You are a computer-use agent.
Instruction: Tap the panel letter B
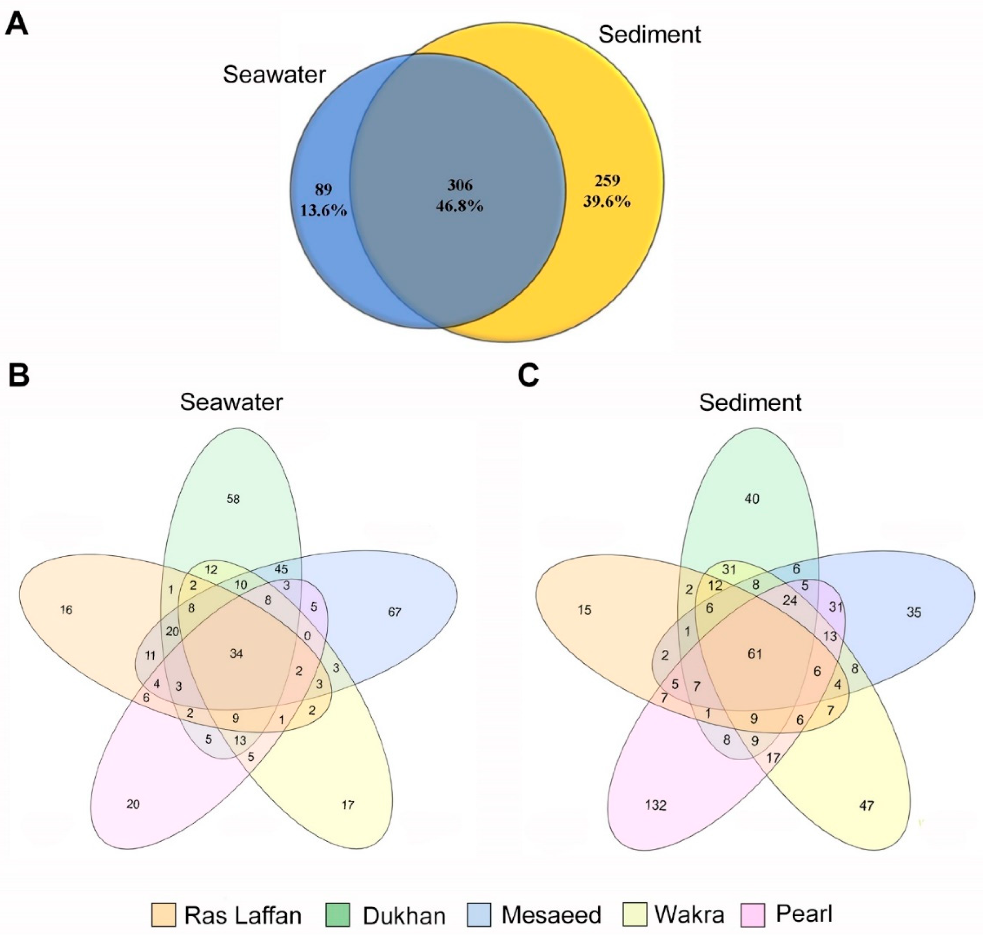tap(18, 375)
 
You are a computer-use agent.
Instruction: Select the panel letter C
tap(529, 375)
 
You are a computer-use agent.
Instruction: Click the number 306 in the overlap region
tap(459, 186)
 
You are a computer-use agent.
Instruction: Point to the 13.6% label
tap(323, 210)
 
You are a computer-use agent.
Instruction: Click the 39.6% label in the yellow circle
tap(606, 201)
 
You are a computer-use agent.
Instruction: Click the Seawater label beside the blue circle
tap(274, 75)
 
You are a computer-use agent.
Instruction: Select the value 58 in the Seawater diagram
tap(233, 499)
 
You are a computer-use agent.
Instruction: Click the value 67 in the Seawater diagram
tap(394, 612)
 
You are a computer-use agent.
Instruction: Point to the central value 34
tap(236, 653)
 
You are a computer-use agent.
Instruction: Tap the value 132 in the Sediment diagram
tap(656, 805)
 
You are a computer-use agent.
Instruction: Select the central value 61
tap(755, 653)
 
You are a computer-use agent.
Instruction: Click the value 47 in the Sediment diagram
tap(866, 805)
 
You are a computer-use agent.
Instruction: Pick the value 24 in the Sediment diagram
tap(790, 601)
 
